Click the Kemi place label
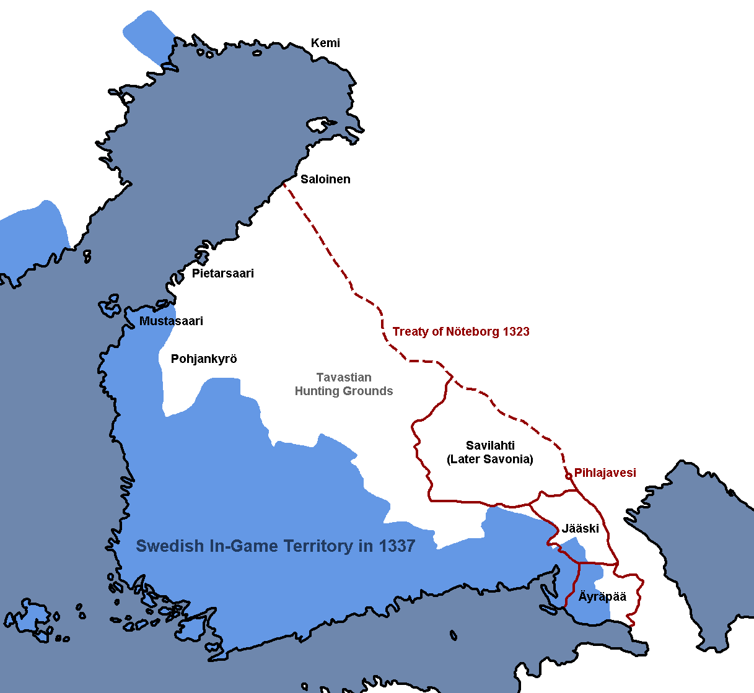(325, 43)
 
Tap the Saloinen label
(325, 180)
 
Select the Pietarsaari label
(222, 274)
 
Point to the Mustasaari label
(171, 321)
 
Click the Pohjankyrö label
(204, 359)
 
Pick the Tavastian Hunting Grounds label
(344, 385)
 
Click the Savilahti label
(490, 446)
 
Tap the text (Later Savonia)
(490, 460)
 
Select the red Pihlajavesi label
(605, 473)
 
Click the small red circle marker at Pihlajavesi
(569, 476)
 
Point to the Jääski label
(581, 529)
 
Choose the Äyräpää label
(602, 597)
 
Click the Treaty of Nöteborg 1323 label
(461, 332)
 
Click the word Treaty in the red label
(410, 332)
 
